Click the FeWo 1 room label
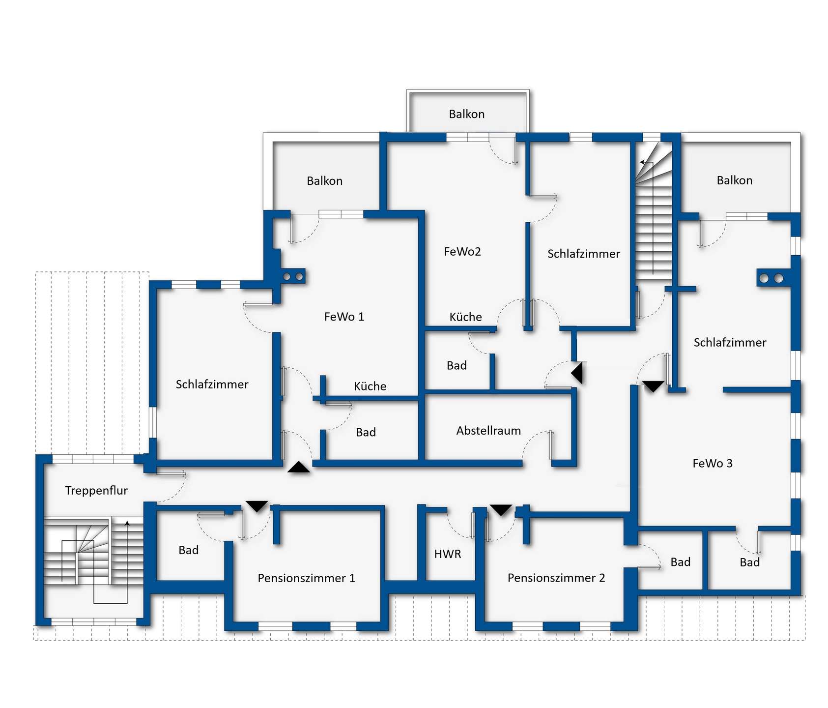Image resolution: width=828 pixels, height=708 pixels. pos(344,317)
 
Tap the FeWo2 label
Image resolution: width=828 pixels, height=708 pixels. pos(462,252)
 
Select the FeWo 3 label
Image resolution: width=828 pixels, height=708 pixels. pos(712,463)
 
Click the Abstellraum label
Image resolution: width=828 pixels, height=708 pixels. pos(488,431)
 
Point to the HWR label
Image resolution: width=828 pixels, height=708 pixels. pos(448,554)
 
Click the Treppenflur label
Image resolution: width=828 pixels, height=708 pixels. pos(96,491)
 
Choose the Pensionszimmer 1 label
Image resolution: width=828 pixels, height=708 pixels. pos(306,578)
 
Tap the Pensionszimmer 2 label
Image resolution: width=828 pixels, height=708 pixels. pos(556,578)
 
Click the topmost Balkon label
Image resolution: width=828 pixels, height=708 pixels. pos(467,114)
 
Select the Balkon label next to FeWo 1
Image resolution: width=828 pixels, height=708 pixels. pos(324,181)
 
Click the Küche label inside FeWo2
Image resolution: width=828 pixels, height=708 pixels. pos(465,317)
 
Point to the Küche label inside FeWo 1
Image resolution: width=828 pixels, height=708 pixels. pos(370,386)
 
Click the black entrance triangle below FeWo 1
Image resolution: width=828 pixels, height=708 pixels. pos(299,467)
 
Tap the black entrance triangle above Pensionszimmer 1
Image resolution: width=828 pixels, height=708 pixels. pos(257,506)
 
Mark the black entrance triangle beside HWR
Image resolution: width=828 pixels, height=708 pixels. pos(501,510)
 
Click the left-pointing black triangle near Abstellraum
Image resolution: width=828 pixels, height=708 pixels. pos(577,373)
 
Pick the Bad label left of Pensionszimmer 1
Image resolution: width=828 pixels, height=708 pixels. pos(189,550)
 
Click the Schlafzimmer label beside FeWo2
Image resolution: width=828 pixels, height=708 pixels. pos(584,254)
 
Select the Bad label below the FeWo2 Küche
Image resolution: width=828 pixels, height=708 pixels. pos(457,366)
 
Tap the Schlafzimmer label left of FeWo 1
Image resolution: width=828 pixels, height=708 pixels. pos(212,384)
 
